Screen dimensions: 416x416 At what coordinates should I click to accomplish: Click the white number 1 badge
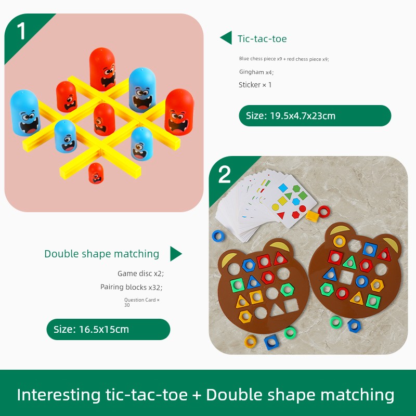click(x=21, y=31)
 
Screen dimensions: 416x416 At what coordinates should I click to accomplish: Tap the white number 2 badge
click(x=225, y=175)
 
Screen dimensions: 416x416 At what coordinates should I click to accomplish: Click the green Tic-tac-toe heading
click(x=262, y=38)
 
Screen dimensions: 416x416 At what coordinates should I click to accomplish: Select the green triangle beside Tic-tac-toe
click(x=226, y=37)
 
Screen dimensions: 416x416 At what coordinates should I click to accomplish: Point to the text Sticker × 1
click(x=255, y=85)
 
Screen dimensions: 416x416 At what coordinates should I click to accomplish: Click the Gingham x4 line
click(x=256, y=72)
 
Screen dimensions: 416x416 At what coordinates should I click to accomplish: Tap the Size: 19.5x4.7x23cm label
click(x=315, y=115)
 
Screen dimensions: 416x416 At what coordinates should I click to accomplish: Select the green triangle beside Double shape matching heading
click(x=176, y=254)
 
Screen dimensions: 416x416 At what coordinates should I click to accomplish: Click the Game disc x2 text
click(x=140, y=274)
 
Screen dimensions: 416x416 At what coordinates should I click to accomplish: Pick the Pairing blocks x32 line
click(x=132, y=287)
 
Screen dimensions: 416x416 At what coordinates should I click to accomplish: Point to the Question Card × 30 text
click(x=142, y=303)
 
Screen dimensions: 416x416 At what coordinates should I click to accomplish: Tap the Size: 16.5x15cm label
click(x=108, y=329)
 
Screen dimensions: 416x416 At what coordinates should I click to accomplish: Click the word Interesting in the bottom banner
click(x=59, y=395)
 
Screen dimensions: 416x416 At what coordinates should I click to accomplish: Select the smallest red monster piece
click(x=96, y=173)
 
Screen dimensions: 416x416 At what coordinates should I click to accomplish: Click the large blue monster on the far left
click(x=25, y=113)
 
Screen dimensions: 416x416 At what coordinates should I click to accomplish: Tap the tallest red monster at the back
click(x=102, y=69)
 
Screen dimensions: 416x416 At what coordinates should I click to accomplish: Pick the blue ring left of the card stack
click(x=218, y=236)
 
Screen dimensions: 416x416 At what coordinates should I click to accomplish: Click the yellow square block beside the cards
click(x=313, y=216)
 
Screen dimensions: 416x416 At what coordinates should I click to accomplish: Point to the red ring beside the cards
click(x=324, y=212)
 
